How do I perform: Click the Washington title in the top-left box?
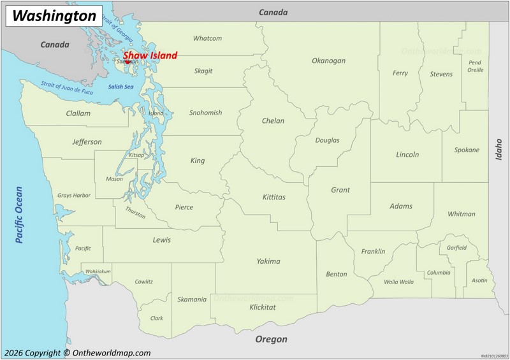54,15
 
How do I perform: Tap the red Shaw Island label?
150,55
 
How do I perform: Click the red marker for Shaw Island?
127,62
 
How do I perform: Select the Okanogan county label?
328,61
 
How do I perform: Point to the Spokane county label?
467,150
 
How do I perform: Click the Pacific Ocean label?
19,214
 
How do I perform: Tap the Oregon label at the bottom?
271,339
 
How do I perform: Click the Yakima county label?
268,261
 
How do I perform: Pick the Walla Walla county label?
398,281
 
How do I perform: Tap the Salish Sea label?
120,87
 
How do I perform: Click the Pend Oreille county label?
475,66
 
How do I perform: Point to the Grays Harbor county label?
74,195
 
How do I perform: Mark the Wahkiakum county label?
98,271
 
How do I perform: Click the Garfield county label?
456,247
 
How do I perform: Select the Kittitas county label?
273,197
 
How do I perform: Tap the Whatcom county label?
207,38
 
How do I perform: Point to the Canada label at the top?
273,12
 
